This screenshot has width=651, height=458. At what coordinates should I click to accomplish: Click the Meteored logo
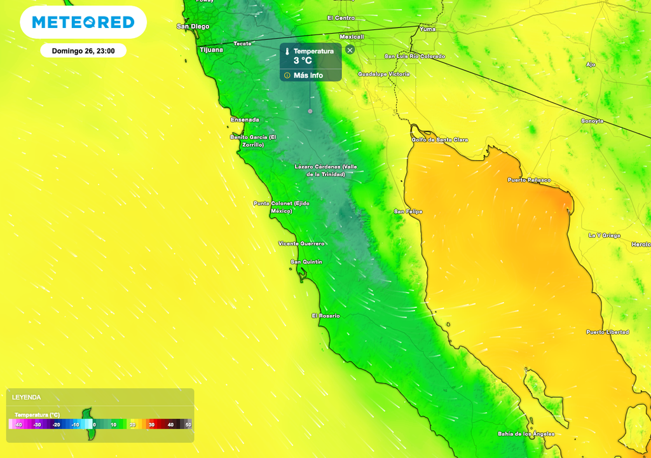[83, 22]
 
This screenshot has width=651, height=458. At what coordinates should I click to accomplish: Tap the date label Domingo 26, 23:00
[83, 51]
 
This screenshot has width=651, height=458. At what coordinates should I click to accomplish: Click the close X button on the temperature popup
[350, 50]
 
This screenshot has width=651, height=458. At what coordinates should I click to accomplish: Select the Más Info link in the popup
[308, 75]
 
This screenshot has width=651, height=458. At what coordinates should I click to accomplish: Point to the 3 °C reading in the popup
[303, 61]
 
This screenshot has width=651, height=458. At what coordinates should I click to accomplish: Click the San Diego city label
[193, 27]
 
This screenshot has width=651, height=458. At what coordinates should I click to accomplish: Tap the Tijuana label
[211, 49]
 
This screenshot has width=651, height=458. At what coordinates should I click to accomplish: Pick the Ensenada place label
[245, 120]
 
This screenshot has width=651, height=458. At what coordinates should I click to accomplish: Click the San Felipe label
[408, 211]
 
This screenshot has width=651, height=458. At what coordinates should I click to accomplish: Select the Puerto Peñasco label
[529, 180]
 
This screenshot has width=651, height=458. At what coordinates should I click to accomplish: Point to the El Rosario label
[325, 316]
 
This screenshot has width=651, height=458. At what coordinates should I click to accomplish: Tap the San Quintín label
[306, 262]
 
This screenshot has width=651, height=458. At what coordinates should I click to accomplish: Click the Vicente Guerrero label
[301, 244]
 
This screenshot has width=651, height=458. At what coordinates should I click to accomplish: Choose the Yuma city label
[427, 29]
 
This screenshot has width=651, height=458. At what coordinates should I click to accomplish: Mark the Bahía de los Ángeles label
[526, 434]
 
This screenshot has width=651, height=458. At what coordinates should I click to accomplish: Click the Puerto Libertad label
[608, 332]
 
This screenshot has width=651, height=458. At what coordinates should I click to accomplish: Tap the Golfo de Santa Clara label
[440, 139]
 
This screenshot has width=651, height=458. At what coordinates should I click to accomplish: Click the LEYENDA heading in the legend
[26, 397]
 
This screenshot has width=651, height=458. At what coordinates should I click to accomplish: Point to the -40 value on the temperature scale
[18, 424]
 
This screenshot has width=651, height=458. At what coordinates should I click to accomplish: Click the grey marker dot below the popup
[310, 111]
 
